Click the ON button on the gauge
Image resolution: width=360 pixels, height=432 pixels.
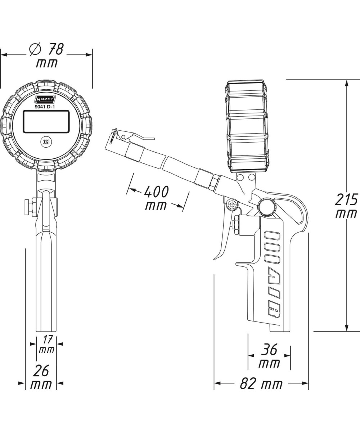(x=46, y=142)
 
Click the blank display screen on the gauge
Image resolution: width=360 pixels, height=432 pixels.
(x=46, y=121)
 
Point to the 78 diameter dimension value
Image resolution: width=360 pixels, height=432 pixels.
(x=56, y=49)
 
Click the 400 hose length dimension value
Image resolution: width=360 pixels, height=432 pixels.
(x=156, y=192)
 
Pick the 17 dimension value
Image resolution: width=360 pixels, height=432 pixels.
(x=48, y=339)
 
